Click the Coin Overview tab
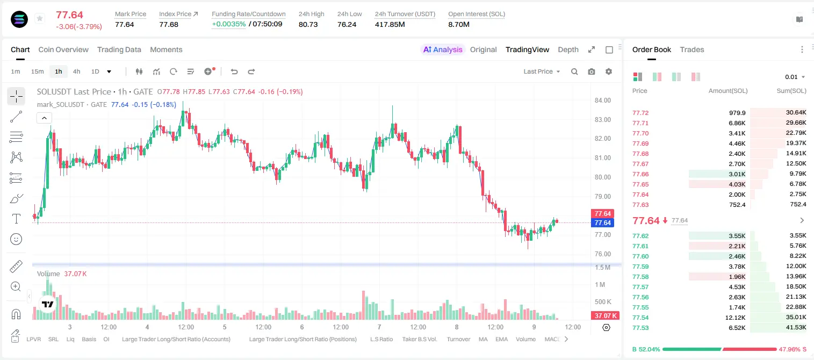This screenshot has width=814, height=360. tap(63, 49)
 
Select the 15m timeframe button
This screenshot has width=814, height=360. tap(37, 71)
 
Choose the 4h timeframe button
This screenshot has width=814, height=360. tap(76, 71)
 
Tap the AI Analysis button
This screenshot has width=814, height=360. tap(443, 49)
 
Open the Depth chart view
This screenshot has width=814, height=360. tap(568, 49)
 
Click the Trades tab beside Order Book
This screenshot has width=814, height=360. tap(692, 49)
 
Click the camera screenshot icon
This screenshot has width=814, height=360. tap(592, 71)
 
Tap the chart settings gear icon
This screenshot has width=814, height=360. tap(609, 71)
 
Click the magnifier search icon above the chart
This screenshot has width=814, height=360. tap(574, 71)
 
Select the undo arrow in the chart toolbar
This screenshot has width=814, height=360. tap(234, 71)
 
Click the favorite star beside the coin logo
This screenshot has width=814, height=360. tap(40, 18)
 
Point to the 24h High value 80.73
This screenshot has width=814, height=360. tap(308, 24)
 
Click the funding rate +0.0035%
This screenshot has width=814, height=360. tap(228, 24)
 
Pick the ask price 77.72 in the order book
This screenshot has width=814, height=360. tap(640, 113)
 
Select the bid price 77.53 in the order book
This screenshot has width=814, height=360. tap(640, 328)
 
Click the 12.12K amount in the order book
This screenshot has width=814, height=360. tap(735, 318)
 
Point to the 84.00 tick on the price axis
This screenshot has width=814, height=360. tap(602, 100)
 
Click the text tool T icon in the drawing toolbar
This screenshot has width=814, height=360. tap(16, 219)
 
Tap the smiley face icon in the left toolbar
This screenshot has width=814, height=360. tap(16, 239)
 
